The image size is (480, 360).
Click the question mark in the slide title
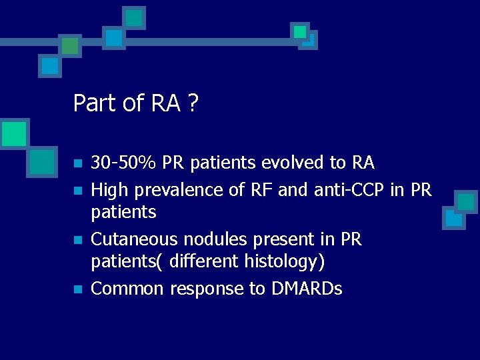pyautogui.click(x=192, y=104)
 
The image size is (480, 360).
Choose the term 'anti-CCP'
pyautogui.click(x=347, y=190)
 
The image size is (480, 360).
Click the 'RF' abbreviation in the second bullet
pyautogui.click(x=262, y=190)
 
